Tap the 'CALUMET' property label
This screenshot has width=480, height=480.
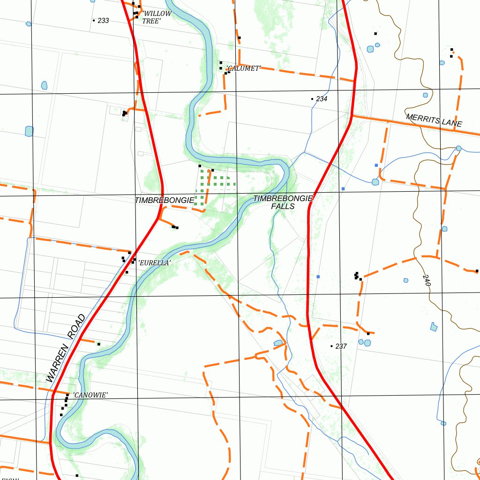tap(243, 68)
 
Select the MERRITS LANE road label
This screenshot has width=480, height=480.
tap(434, 120)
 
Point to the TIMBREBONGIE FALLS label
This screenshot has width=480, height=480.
tap(283, 202)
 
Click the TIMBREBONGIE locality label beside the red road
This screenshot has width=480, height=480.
tap(164, 200)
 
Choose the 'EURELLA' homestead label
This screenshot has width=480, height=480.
tap(154, 263)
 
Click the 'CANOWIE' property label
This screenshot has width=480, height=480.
tap(90, 395)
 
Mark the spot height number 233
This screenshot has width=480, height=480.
tap(103, 21)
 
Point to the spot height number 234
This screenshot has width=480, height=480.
tap(322, 99)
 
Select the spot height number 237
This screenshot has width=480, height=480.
tap(341, 346)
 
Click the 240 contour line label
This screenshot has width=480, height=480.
tap(426, 280)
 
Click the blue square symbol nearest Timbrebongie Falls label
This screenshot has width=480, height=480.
tap(343, 188)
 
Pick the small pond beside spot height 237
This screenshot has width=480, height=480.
tap(278, 343)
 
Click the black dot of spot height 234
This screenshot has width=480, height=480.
tap(312, 99)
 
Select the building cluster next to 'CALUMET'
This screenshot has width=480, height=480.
tap(224, 68)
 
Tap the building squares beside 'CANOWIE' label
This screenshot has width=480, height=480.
tap(64, 405)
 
